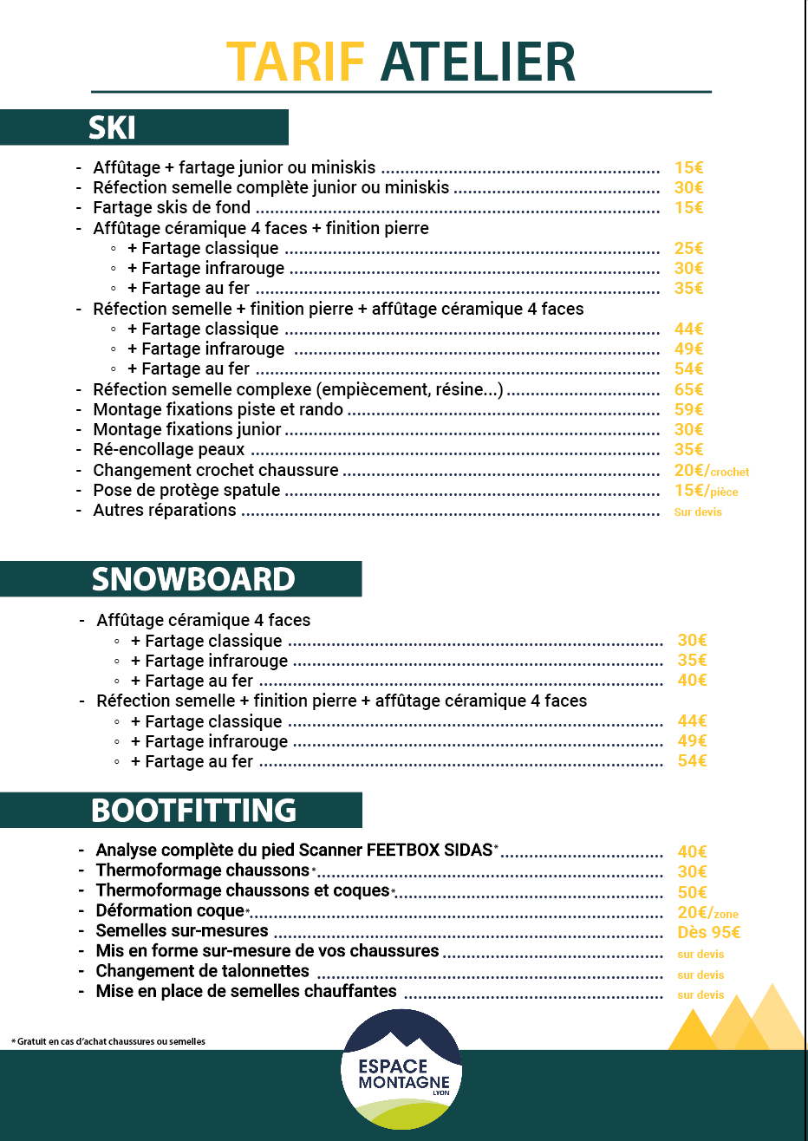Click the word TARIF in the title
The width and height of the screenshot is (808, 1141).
[295, 62]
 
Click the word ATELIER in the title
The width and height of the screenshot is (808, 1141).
[478, 62]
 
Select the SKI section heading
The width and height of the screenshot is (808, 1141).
[113, 128]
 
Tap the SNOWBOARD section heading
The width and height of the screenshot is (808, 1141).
[193, 579]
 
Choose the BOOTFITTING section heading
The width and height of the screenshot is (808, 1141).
[193, 811]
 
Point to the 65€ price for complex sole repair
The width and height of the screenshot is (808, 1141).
[689, 390]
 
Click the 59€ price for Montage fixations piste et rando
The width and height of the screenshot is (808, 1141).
[689, 410]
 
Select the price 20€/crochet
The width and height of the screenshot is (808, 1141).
[711, 471]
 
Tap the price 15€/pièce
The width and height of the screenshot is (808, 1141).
[706, 491]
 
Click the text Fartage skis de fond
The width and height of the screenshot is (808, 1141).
[172, 208]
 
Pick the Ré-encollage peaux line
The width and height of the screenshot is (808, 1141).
[169, 450]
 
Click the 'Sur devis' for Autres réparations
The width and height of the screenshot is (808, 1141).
[698, 512]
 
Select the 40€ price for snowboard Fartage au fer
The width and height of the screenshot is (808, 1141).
[693, 681]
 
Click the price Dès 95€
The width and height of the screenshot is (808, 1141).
[709, 933]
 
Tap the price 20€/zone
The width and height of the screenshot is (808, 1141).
[707, 913]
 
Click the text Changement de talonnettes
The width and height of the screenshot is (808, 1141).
[203, 971]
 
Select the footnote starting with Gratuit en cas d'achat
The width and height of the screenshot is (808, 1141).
[108, 1041]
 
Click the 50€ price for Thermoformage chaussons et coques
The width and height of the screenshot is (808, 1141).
[693, 892]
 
